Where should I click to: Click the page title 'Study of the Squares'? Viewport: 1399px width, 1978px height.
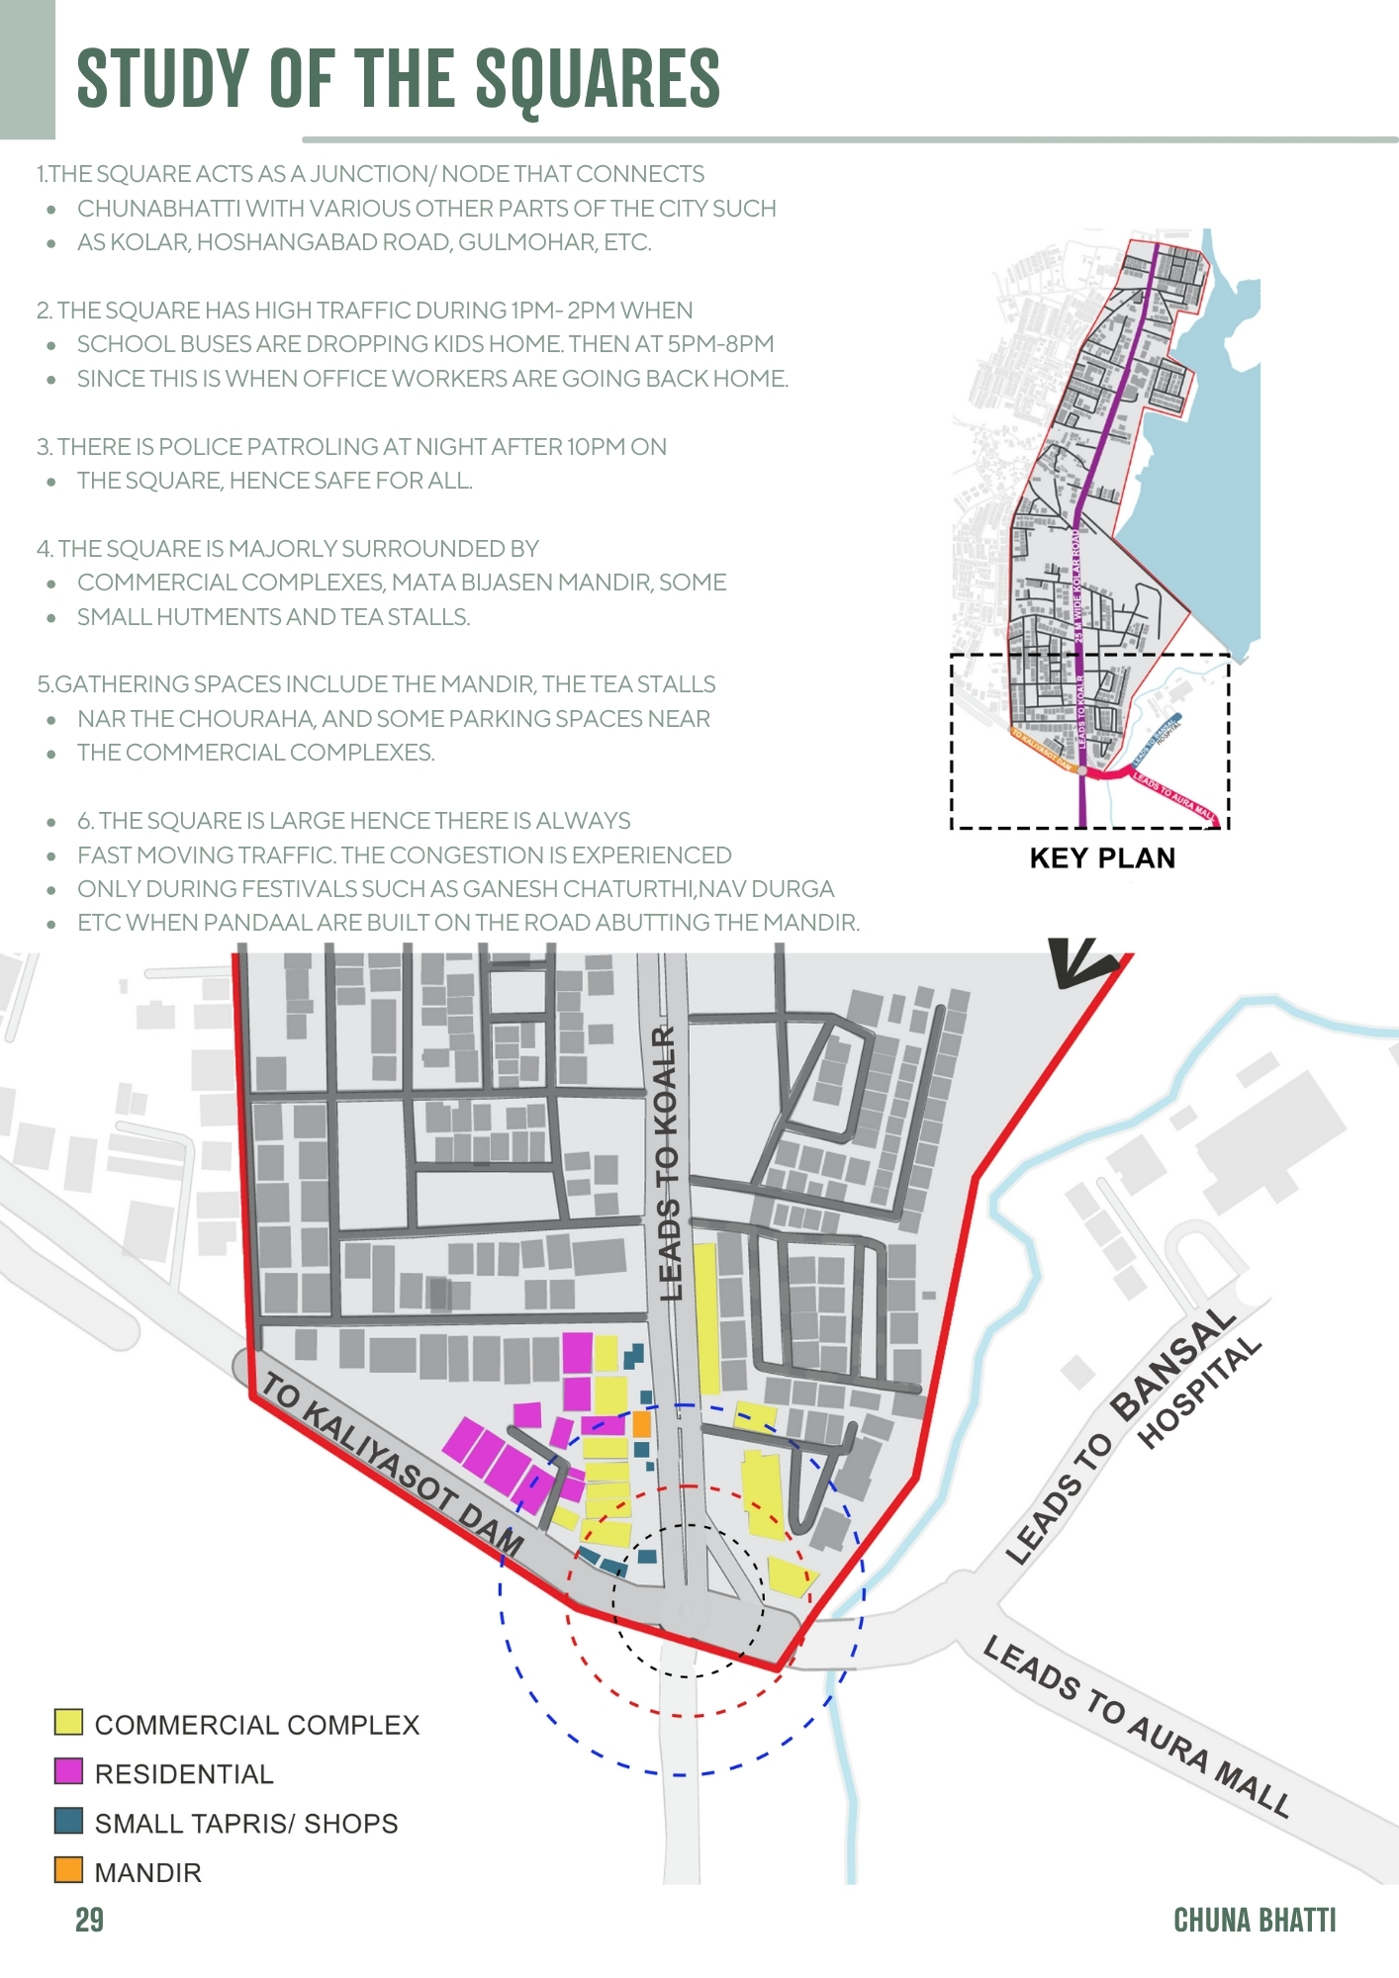tap(398, 79)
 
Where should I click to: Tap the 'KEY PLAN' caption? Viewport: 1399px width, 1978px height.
tap(1102, 857)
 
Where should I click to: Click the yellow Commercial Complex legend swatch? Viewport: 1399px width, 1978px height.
tap(68, 1722)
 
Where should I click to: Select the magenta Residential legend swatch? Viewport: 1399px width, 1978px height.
tap(68, 1771)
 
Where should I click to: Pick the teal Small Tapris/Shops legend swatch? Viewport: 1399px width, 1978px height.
tap(68, 1821)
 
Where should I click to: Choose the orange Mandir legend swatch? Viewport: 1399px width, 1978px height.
tap(68, 1870)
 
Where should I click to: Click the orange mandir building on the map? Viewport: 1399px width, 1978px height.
tap(641, 1424)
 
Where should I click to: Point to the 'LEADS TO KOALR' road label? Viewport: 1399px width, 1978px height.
tap(669, 1163)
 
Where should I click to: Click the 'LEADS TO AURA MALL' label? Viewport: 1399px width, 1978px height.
tap(1137, 1726)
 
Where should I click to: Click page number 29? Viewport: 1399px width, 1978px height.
tap(89, 1920)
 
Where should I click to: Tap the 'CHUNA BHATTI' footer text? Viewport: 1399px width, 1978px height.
tap(1254, 1920)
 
